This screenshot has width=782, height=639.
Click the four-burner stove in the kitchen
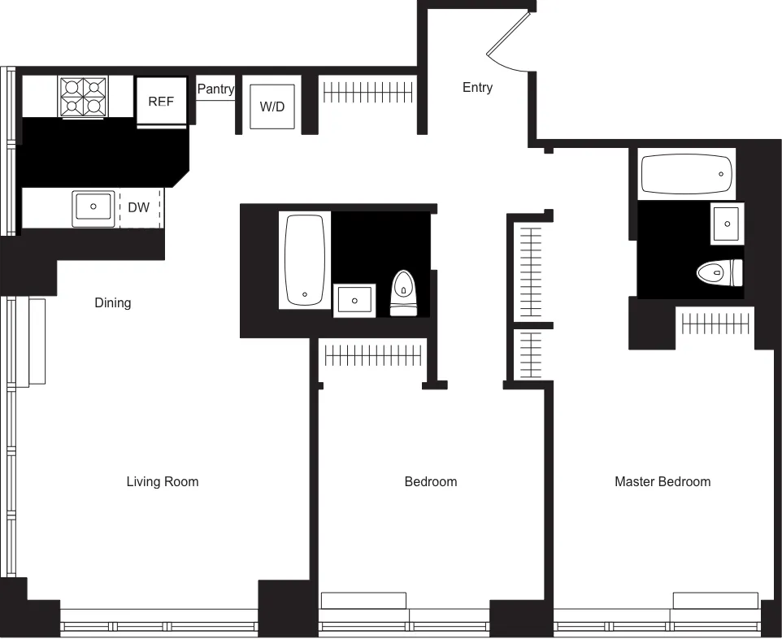(x=83, y=97)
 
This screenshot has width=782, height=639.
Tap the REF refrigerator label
(x=161, y=102)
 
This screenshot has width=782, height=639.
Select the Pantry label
(x=215, y=89)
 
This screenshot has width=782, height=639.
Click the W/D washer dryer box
(x=272, y=106)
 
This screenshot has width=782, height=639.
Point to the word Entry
(x=477, y=88)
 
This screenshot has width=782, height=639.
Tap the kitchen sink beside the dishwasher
(x=93, y=208)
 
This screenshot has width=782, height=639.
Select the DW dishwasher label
(x=139, y=207)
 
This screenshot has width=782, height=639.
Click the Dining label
(x=112, y=302)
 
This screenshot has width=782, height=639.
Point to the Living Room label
(x=162, y=481)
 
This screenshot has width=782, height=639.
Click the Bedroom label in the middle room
(x=430, y=481)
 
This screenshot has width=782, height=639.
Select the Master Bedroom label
(x=662, y=481)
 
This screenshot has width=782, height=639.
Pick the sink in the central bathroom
(x=354, y=301)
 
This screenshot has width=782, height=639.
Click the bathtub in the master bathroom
(x=686, y=174)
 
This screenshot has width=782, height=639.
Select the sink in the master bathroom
(x=726, y=222)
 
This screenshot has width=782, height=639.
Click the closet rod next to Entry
(x=370, y=91)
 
